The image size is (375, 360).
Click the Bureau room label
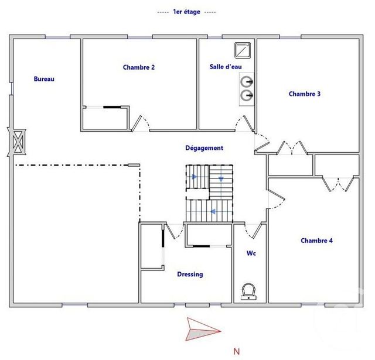[x=44, y=79]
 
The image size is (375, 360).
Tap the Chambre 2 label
[x=139, y=67]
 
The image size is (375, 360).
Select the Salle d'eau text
[x=226, y=67]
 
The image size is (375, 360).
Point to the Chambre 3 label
[x=305, y=94]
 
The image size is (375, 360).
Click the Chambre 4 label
[x=316, y=241]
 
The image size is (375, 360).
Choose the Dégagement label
[x=204, y=148]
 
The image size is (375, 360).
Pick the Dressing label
[x=190, y=274]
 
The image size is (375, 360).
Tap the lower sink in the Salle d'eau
[x=247, y=94]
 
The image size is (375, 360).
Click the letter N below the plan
[x=237, y=352]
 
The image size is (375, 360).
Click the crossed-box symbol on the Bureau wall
[x=16, y=142]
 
